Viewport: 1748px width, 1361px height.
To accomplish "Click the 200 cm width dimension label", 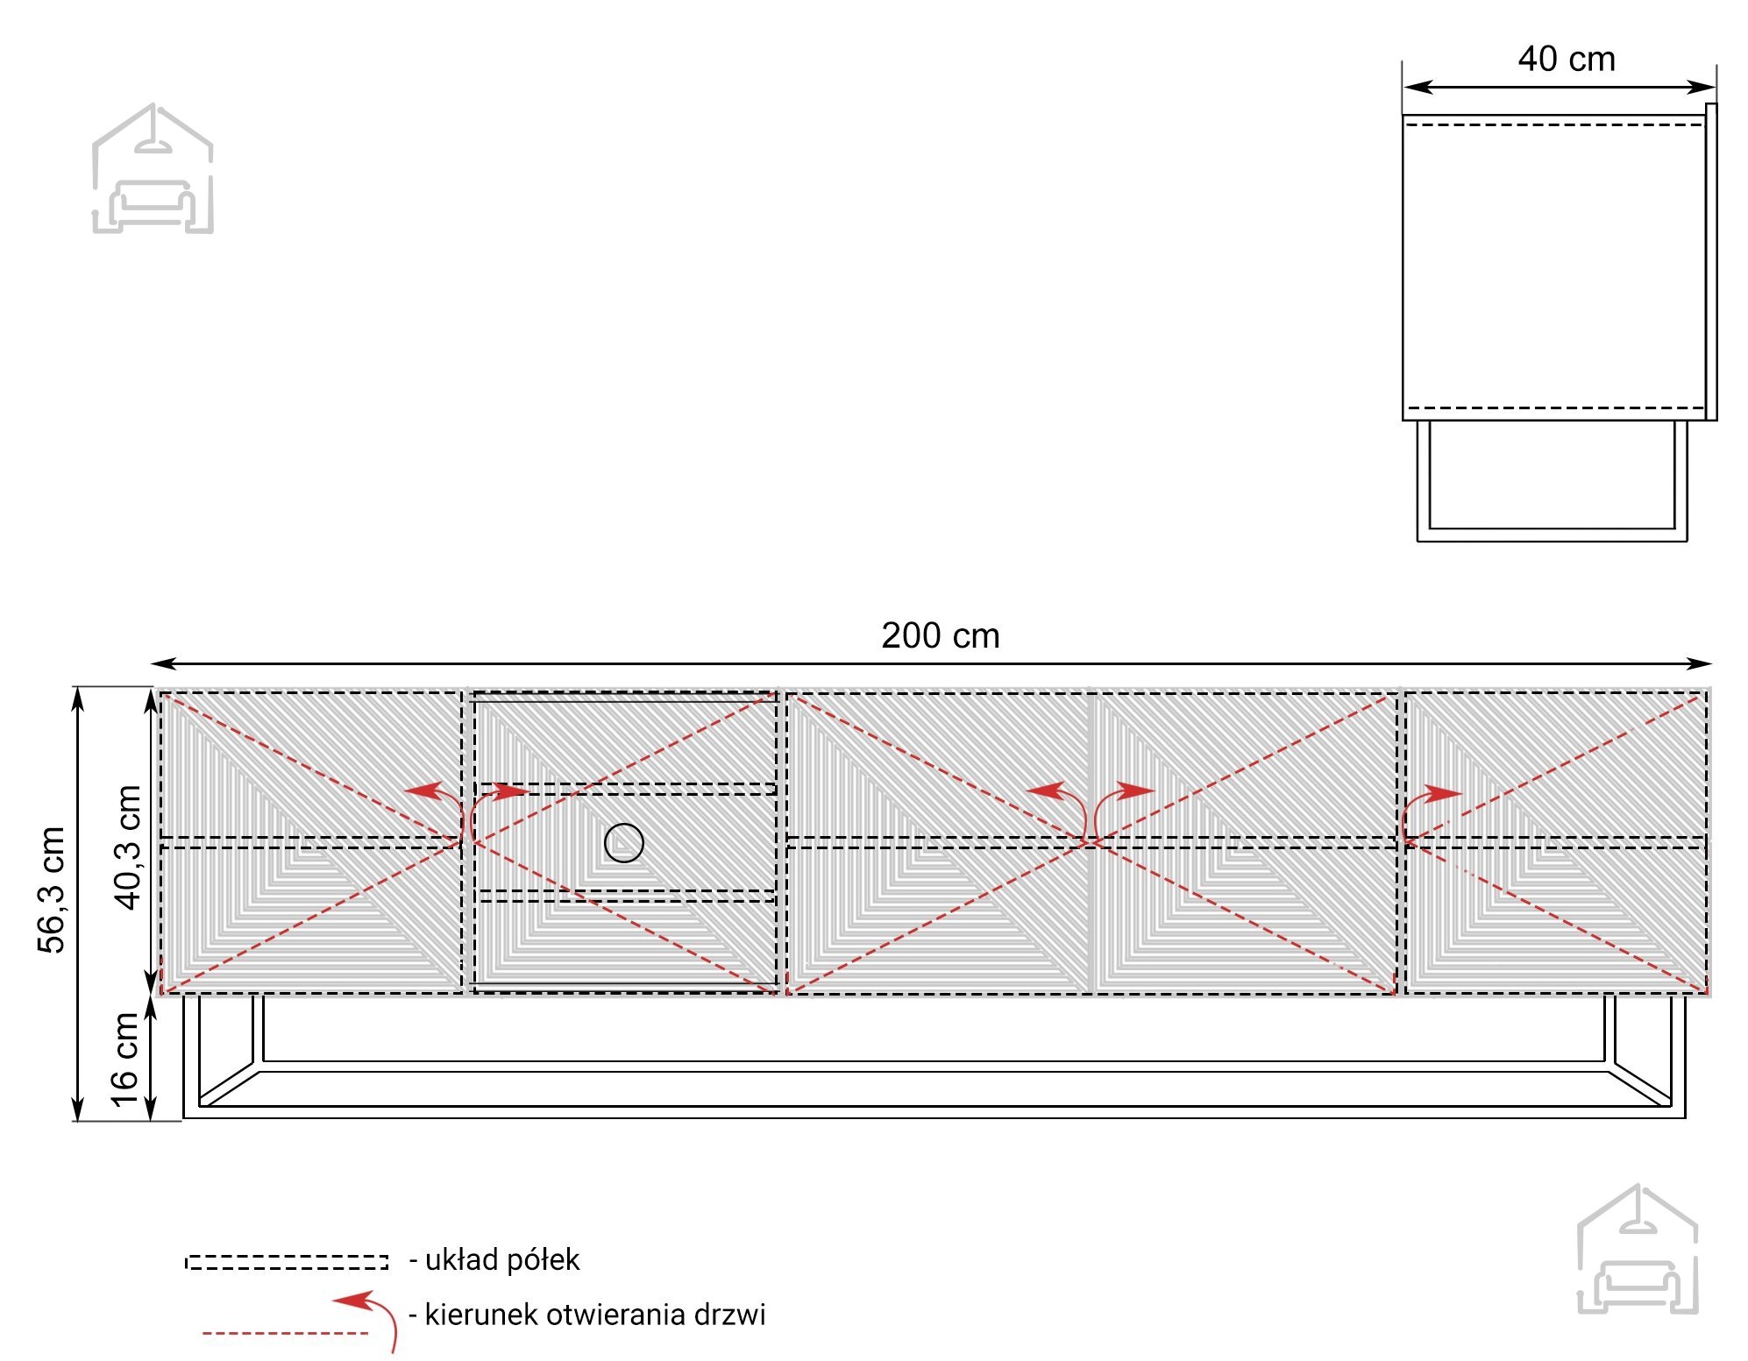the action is (940, 636).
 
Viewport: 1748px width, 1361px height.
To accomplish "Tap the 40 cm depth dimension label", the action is (1567, 60).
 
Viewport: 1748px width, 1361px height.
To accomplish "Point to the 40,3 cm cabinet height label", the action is (128, 847).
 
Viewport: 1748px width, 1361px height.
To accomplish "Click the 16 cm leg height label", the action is (124, 1060).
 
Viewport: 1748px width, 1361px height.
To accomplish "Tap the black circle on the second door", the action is (624, 843).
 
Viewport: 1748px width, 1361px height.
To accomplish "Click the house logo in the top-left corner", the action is (153, 168).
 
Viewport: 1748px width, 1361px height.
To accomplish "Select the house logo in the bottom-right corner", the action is (1638, 1249).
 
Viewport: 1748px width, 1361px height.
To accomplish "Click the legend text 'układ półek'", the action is (502, 1260).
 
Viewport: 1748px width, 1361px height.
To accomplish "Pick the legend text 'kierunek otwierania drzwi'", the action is (594, 1315).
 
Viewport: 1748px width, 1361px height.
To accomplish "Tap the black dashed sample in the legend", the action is (287, 1262).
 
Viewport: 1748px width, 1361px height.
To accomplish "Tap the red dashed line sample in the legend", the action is (286, 1333).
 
